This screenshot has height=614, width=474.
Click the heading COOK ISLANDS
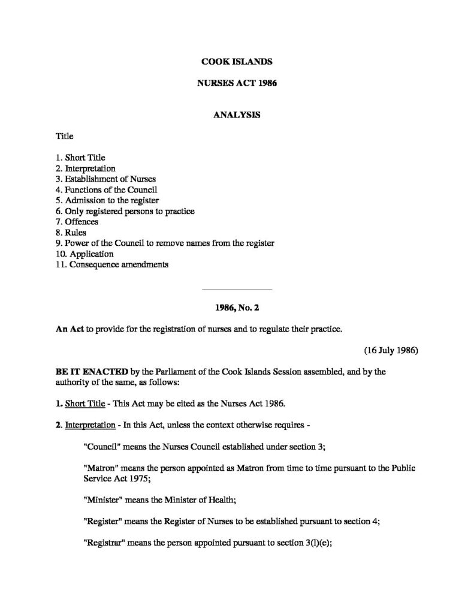[x=237, y=61]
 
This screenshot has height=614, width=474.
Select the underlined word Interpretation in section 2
[x=90, y=425]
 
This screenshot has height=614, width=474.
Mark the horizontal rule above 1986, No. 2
[x=237, y=290]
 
